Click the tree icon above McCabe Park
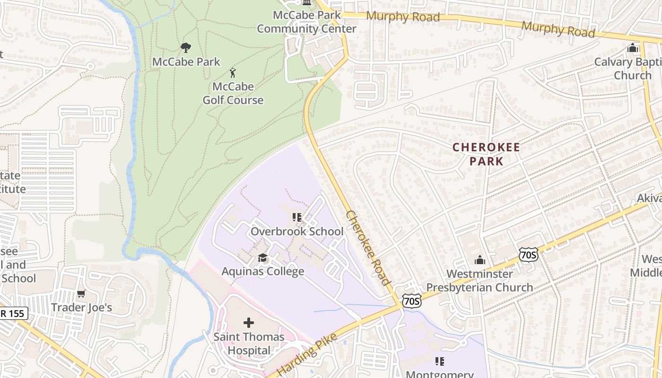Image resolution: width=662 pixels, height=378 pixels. (x=186, y=47)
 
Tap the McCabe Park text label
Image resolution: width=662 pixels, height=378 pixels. (x=186, y=61)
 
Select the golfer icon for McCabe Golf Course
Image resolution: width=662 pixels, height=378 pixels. (x=232, y=73)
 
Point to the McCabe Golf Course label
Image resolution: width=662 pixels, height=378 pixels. (x=233, y=93)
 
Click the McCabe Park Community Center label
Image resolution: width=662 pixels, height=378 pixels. (x=306, y=22)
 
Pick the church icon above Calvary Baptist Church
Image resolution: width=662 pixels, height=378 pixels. (x=632, y=48)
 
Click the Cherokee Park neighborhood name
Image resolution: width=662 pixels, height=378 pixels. (x=486, y=154)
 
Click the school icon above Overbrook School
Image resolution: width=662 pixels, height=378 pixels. (x=297, y=217)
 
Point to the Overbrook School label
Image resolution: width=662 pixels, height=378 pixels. (x=297, y=232)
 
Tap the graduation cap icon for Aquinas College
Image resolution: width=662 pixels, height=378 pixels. (x=263, y=258)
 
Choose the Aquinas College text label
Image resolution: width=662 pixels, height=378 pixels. (x=263, y=272)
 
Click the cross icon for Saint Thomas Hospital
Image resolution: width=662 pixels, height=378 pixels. (x=249, y=323)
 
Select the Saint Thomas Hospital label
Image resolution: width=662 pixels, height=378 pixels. (x=249, y=344)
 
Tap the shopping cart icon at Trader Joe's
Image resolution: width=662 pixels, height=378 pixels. (x=81, y=294)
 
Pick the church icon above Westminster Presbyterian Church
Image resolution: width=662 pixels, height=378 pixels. (x=480, y=260)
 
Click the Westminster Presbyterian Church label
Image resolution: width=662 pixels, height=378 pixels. (x=479, y=281)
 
